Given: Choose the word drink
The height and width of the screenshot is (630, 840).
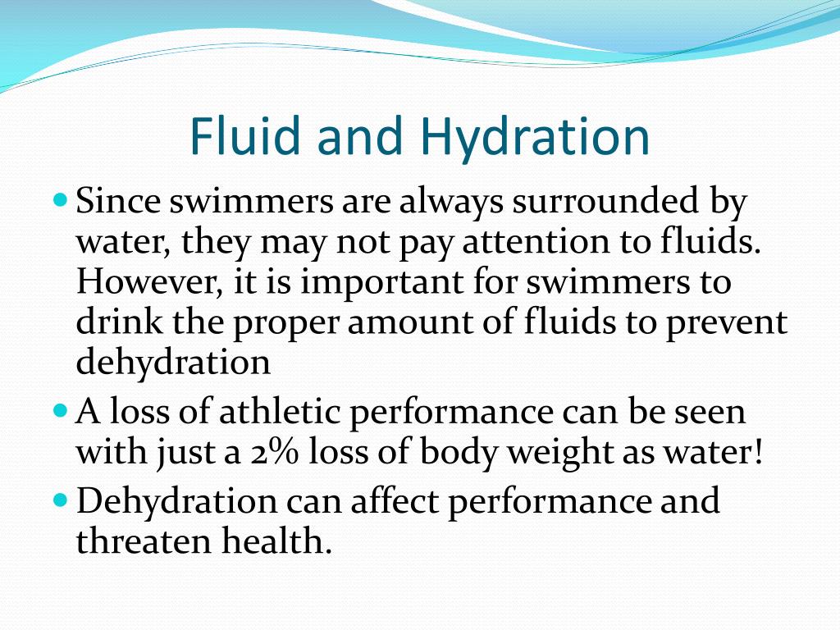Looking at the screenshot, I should click(x=112, y=322).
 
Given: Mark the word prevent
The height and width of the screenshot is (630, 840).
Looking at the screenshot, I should click(x=726, y=322).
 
